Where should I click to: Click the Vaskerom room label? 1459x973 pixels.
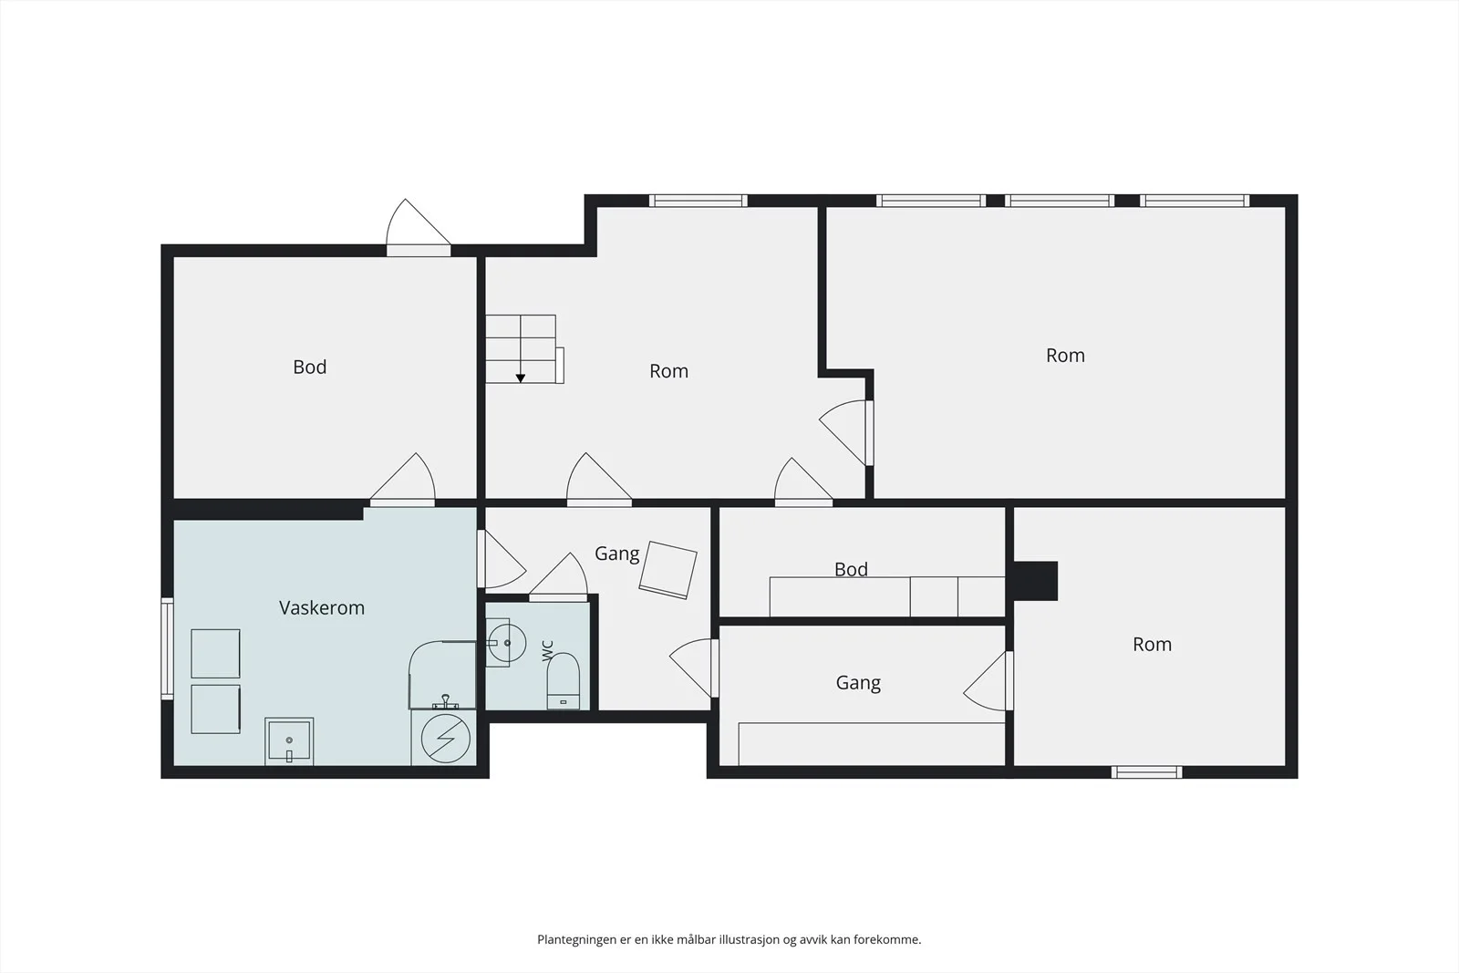(x=322, y=607)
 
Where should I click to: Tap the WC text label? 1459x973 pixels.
(x=548, y=650)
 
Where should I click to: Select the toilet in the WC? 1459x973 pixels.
(x=563, y=680)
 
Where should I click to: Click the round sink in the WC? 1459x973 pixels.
(x=507, y=643)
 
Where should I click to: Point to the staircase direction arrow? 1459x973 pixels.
(x=521, y=378)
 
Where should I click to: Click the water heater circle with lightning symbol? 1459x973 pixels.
(x=446, y=739)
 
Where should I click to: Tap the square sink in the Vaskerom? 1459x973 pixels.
(x=289, y=741)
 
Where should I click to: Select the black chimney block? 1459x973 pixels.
(x=1035, y=580)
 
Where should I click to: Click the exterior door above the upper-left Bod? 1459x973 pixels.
(x=419, y=228)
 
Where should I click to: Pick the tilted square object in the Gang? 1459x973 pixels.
(x=668, y=570)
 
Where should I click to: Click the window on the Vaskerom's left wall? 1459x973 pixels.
(x=168, y=648)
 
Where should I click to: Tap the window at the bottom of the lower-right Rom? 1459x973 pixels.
(x=1146, y=772)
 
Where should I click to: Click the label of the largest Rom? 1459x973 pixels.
(x=1066, y=356)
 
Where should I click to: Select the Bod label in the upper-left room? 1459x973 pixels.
(x=309, y=367)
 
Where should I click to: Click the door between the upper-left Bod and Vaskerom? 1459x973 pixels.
(x=402, y=480)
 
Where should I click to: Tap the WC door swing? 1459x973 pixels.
(x=558, y=577)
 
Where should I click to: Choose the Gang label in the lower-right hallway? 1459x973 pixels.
(x=858, y=682)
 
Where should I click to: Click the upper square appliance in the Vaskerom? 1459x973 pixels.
(x=215, y=653)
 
